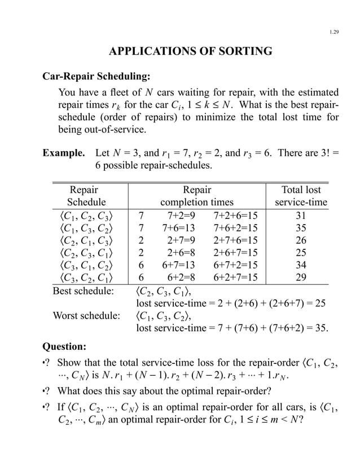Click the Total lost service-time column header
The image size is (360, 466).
[x=301, y=196]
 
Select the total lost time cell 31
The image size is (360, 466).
[x=301, y=215]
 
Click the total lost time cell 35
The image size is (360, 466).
[x=301, y=228]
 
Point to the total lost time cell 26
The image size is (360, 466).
[x=301, y=241]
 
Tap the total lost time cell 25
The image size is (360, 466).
[x=301, y=254]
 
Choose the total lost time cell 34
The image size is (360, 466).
[x=301, y=267]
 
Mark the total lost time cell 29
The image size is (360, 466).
[x=301, y=279]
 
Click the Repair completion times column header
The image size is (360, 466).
[x=197, y=196]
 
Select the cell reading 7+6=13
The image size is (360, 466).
[x=178, y=228]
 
